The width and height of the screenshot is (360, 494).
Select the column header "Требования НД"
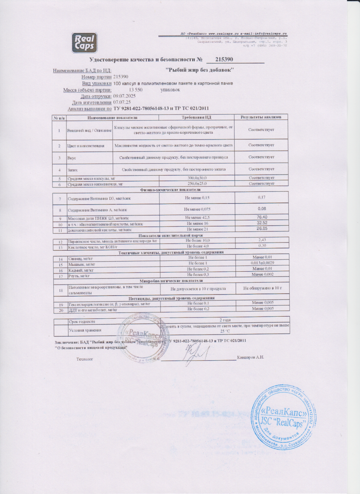(197, 117)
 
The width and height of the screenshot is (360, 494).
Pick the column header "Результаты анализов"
(261, 117)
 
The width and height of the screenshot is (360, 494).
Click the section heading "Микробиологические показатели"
(171, 281)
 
